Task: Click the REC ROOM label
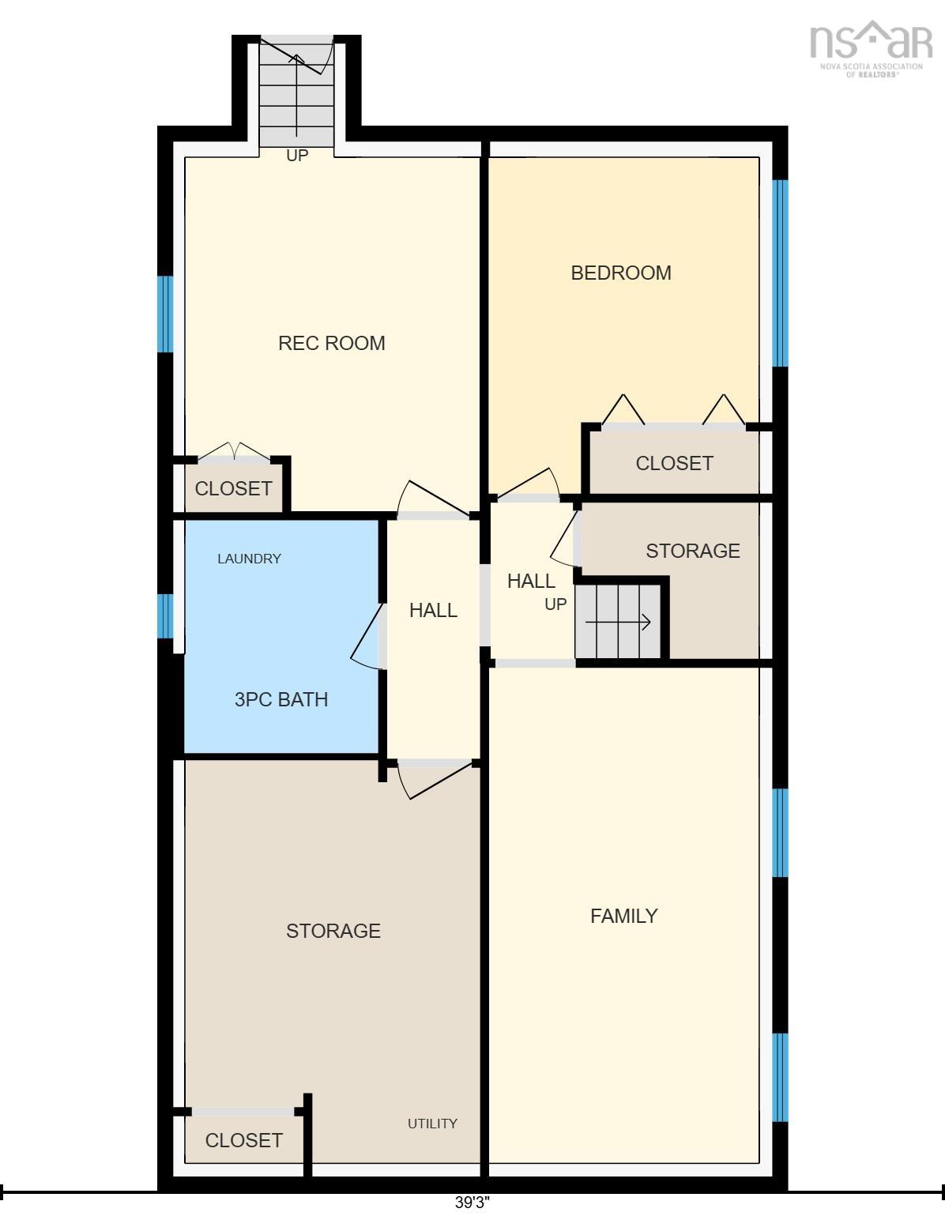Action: (332, 343)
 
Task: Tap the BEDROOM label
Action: (621, 273)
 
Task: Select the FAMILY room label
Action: (624, 916)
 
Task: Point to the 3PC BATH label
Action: (280, 699)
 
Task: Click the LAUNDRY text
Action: (249, 559)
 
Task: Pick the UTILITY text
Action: (432, 1123)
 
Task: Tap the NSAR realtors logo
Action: (871, 49)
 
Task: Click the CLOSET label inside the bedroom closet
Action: (674, 463)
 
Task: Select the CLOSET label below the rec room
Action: (233, 488)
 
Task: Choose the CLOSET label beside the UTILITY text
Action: (244, 1140)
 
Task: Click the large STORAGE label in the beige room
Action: (333, 931)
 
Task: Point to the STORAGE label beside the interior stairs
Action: (693, 551)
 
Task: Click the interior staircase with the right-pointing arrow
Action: (618, 622)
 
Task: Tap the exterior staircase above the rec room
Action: (296, 91)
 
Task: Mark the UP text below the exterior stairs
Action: (297, 156)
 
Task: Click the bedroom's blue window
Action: (780, 273)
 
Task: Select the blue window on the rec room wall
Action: (165, 314)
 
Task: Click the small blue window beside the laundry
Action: (165, 616)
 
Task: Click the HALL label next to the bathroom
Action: (433, 610)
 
